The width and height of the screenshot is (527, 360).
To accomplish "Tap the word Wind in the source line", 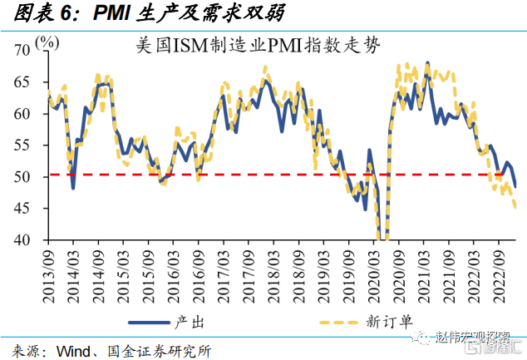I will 75,349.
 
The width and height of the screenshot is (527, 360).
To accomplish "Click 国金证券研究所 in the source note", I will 153,349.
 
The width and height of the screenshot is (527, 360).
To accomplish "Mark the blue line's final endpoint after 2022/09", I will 515,186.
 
